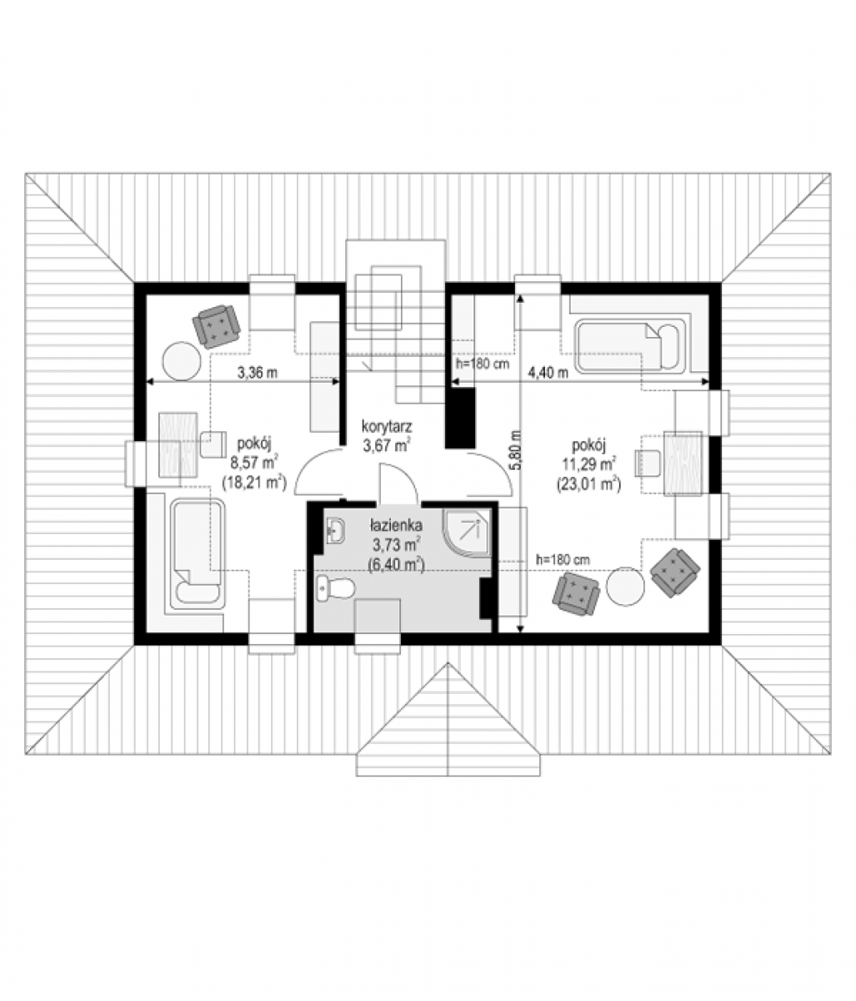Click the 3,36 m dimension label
[x=257, y=372]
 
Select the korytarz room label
[x=386, y=426]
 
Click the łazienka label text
[x=395, y=525]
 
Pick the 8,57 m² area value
[x=253, y=462]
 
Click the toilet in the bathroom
[x=335, y=588]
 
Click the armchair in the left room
[x=216, y=326]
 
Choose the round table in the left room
[x=182, y=361]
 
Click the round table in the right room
[x=625, y=586]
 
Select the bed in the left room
[x=198, y=553]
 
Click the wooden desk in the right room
[x=683, y=464]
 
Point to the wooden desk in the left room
[x=178, y=445]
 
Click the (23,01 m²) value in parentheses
[x=589, y=484]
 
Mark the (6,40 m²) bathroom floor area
[x=396, y=566]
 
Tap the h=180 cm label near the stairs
[x=483, y=363]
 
